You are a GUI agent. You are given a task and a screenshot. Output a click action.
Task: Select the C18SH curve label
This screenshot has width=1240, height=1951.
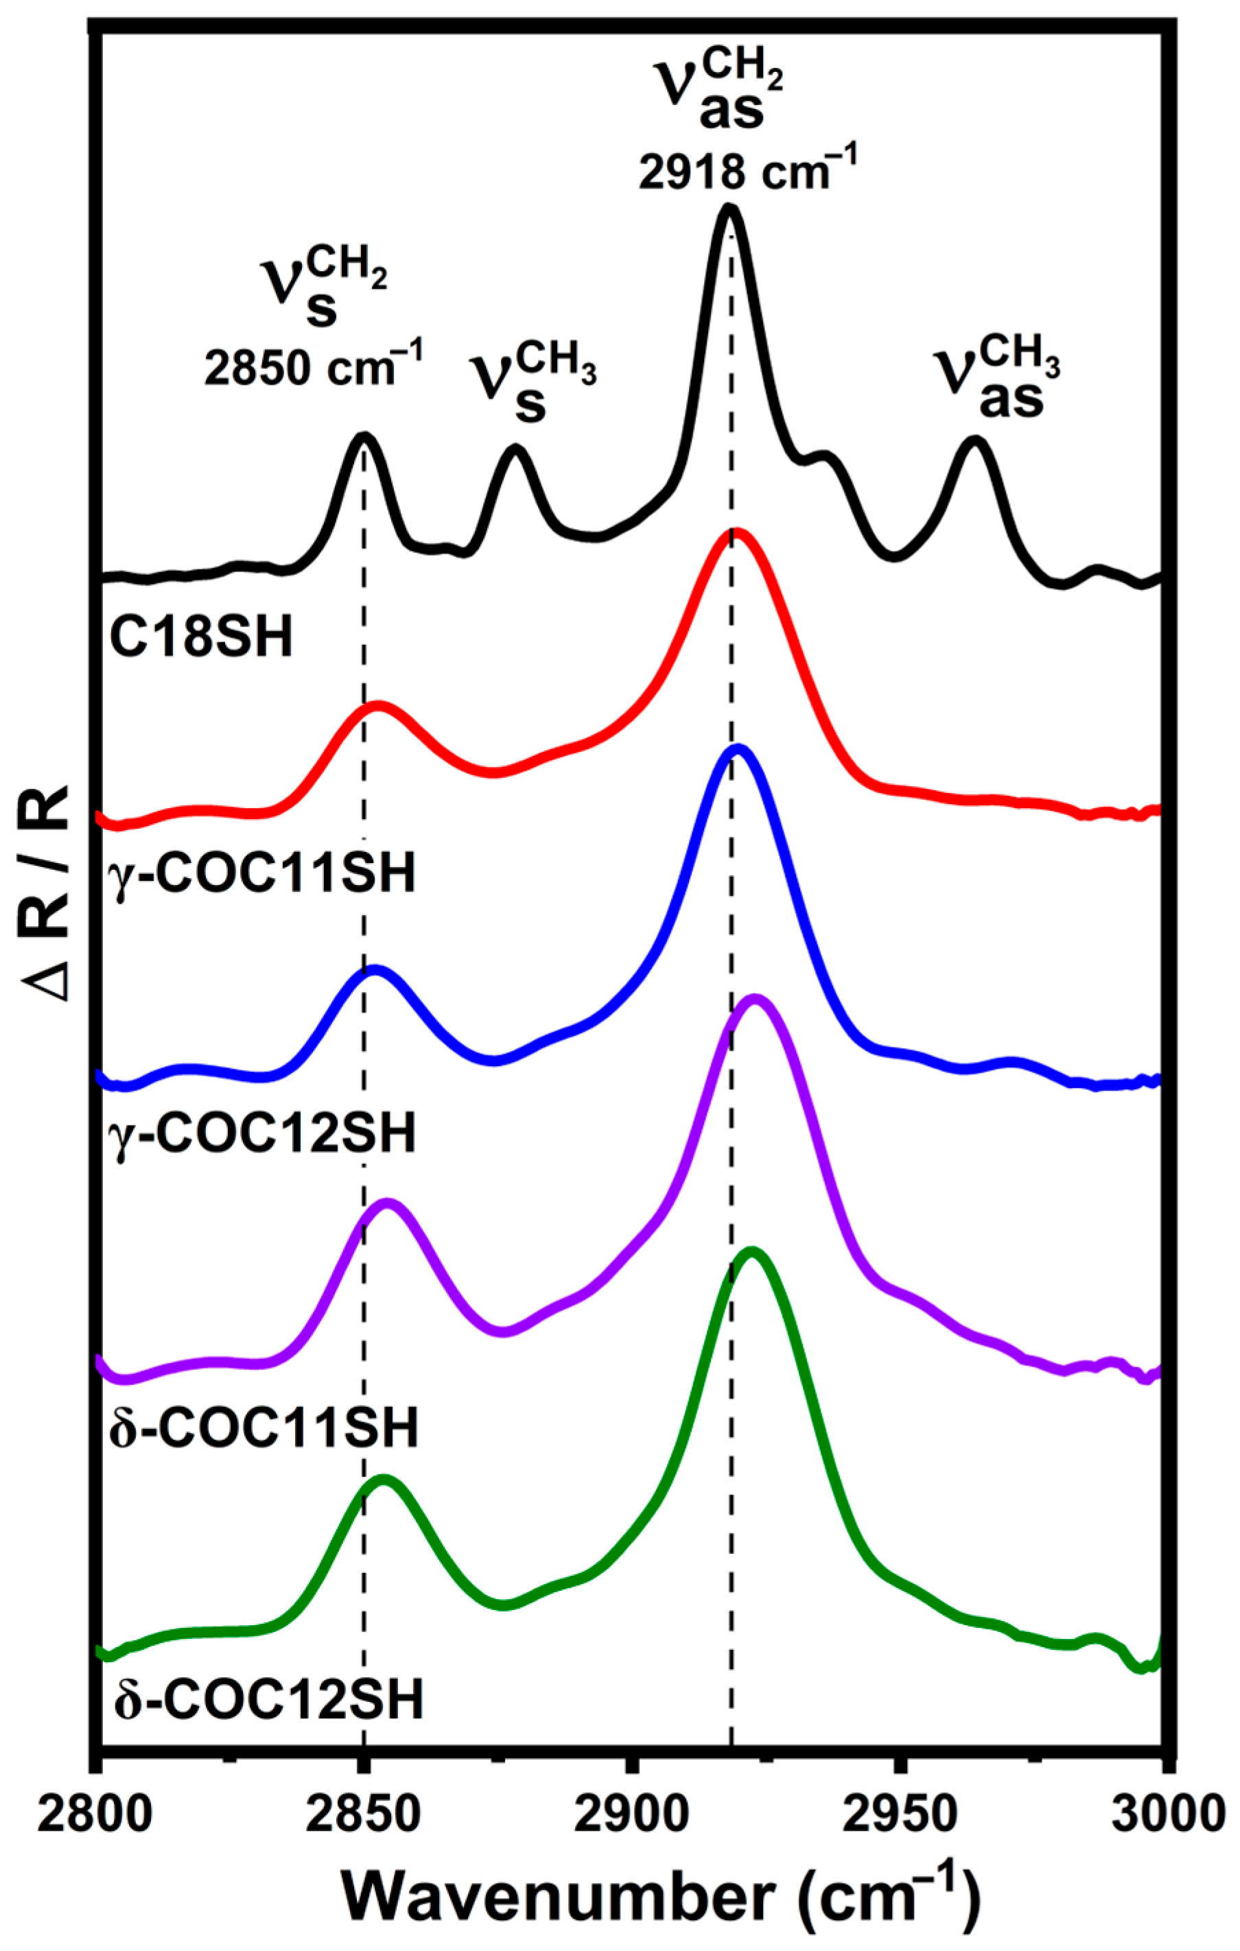200,637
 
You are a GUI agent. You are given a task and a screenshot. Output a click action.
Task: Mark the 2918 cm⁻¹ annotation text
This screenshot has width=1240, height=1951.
747,171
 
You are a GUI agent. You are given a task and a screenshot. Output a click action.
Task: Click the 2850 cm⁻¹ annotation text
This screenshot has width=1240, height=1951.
313,368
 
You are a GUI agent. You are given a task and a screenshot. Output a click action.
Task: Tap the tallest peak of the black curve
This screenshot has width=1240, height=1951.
728,209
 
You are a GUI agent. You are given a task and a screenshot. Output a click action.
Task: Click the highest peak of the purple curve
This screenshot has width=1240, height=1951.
756,999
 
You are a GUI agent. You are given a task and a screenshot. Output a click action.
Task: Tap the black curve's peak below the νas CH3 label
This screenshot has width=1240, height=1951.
974,440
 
